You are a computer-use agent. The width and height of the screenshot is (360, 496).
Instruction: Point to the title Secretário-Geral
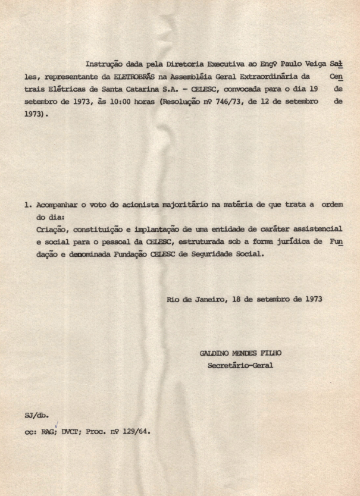point(240,365)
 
